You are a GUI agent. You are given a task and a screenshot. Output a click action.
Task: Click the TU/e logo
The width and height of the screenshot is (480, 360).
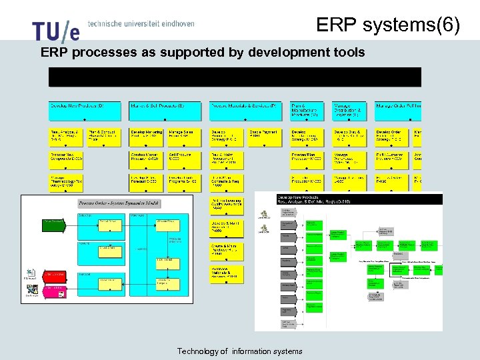click(55, 31)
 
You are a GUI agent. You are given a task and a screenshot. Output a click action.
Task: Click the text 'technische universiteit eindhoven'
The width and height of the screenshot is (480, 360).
click(141, 23)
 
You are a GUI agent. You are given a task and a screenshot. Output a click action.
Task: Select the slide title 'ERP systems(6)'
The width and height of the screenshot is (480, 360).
click(388, 25)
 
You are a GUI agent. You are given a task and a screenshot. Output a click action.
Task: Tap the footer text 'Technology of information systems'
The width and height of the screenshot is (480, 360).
click(239, 351)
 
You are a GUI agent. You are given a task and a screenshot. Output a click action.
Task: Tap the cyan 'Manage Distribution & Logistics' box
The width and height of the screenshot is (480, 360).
click(349, 111)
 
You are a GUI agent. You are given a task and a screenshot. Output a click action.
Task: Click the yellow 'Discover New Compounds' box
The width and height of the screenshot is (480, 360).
click(67, 159)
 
